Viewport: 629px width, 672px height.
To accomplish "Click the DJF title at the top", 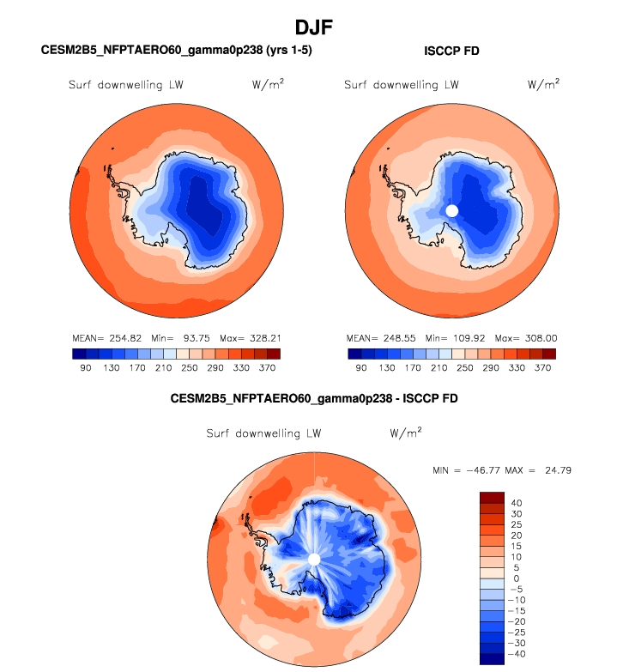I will (x=314, y=28).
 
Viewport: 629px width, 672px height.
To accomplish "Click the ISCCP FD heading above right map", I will (x=451, y=51).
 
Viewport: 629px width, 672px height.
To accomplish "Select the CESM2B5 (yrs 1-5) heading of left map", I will (x=176, y=51).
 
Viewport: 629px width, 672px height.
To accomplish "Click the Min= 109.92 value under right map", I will (x=456, y=339).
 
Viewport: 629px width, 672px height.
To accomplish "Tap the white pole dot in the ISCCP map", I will (x=452, y=210).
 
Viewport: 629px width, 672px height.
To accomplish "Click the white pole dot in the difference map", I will (x=314, y=559).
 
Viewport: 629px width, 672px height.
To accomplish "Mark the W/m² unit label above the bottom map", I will (x=405, y=433).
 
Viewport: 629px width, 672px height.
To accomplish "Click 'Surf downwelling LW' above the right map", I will (x=401, y=85).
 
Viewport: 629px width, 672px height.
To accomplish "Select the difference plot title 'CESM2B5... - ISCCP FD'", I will (x=314, y=399).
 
